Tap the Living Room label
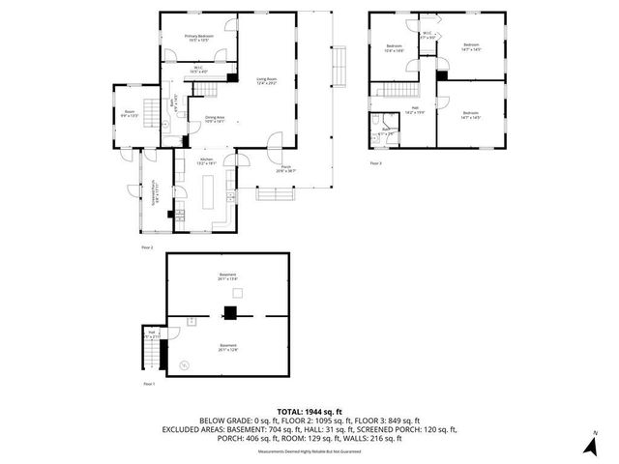[x=268, y=81]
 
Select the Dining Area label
[x=215, y=119]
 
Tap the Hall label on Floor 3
[x=415, y=110]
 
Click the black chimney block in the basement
[x=230, y=312]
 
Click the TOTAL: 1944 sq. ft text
[x=309, y=411]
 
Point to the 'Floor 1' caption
[x=149, y=384]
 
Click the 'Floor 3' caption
[x=376, y=163]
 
